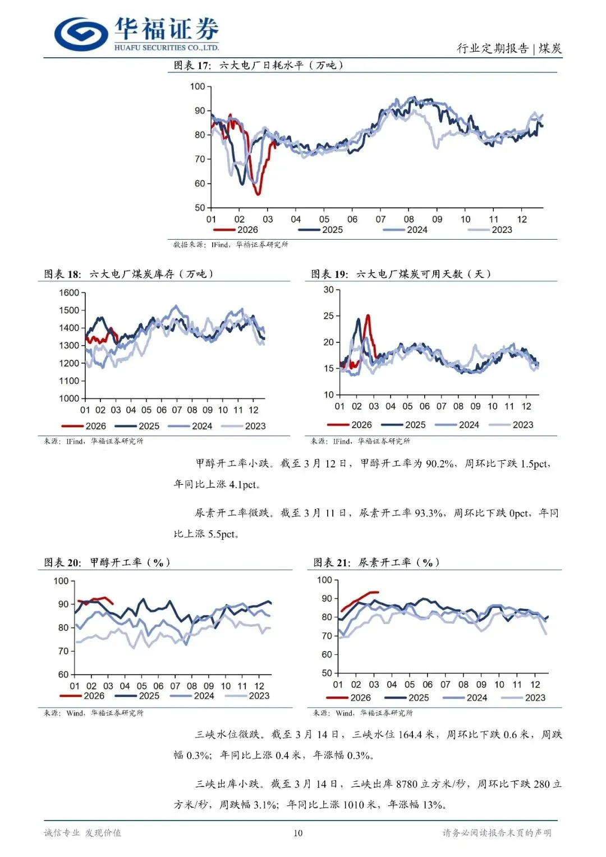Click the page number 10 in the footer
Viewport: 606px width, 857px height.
[298, 833]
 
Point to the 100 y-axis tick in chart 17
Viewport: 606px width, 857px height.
[198, 86]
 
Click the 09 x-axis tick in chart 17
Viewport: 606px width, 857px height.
[437, 219]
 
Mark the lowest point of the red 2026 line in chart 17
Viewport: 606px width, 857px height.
[258, 194]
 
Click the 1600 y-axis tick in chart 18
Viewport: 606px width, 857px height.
[69, 292]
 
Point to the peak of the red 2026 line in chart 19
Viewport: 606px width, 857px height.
[368, 315]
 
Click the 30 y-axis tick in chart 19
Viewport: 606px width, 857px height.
[329, 290]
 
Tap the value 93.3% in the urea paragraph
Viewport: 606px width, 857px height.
[429, 513]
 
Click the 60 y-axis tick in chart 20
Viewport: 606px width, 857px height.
[63, 674]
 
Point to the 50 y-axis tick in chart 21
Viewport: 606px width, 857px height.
[327, 673]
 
